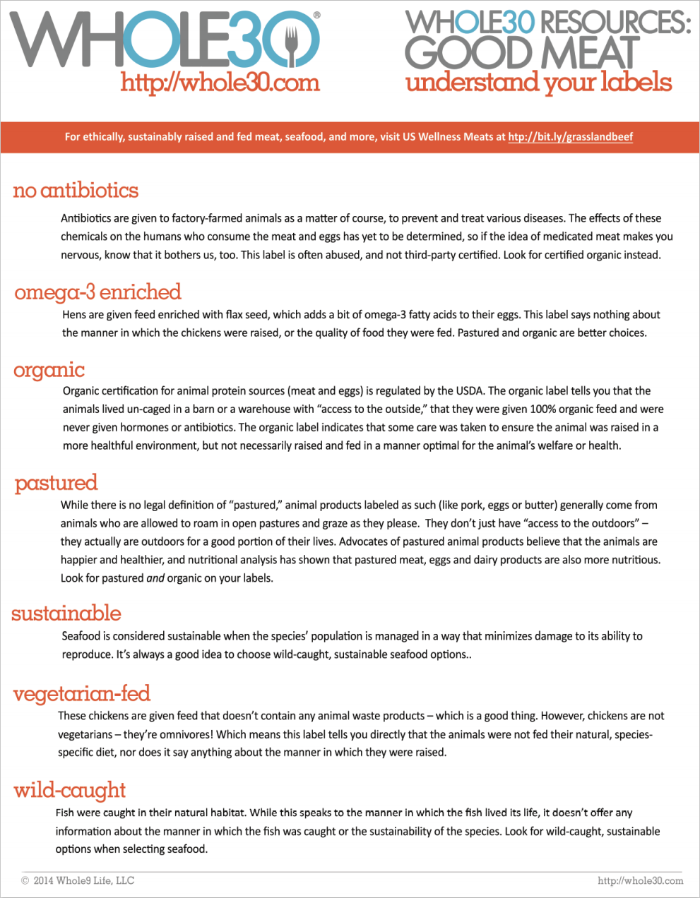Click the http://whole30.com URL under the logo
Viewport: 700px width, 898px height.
pyautogui.click(x=220, y=83)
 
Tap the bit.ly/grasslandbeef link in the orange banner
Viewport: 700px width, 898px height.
pyautogui.click(x=570, y=137)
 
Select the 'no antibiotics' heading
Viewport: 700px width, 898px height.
pyautogui.click(x=76, y=191)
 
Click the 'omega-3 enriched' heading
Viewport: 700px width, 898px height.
pyautogui.click(x=97, y=292)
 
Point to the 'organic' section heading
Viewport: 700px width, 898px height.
pyautogui.click(x=49, y=370)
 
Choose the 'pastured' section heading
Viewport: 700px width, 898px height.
pyautogui.click(x=56, y=483)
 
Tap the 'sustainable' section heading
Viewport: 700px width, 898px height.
pyautogui.click(x=66, y=613)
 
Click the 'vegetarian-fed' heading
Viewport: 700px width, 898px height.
pyautogui.click(x=81, y=694)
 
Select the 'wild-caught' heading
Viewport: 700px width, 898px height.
pyautogui.click(x=69, y=790)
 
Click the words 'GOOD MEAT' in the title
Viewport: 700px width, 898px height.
pyautogui.click(x=522, y=54)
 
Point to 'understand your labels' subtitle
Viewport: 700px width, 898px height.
pyautogui.click(x=538, y=83)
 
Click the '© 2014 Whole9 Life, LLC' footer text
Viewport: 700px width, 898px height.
pyautogui.click(x=78, y=880)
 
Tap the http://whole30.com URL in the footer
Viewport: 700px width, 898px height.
pyautogui.click(x=640, y=880)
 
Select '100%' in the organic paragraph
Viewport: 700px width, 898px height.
pyautogui.click(x=542, y=409)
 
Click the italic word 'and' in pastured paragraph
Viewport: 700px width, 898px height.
pyautogui.click(x=155, y=578)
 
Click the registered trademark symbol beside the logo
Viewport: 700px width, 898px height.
pyautogui.click(x=316, y=15)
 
